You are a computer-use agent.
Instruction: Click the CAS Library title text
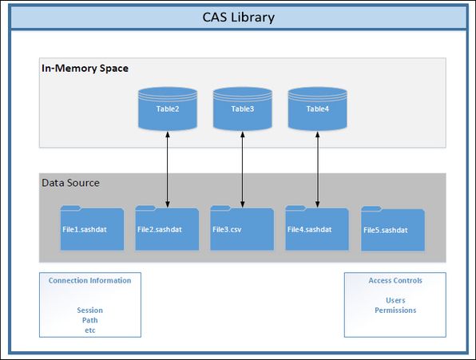coord(238,18)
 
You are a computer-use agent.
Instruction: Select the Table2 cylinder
coord(168,109)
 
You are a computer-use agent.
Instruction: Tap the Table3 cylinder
coord(243,109)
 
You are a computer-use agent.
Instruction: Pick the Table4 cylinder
coord(318,109)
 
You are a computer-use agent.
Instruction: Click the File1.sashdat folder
coord(92,228)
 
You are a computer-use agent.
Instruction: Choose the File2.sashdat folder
coord(167,228)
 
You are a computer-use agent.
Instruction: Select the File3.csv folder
coord(242,228)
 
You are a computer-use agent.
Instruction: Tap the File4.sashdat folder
coord(317,228)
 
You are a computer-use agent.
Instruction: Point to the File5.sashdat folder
coord(393,228)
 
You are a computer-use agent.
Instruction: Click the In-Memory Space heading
coord(85,68)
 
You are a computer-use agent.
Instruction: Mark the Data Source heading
coord(70,183)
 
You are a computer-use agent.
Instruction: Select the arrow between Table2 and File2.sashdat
coord(168,169)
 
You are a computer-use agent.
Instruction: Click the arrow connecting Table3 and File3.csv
coord(243,169)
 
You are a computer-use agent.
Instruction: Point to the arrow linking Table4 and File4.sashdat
coord(318,169)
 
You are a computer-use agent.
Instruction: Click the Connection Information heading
coord(90,280)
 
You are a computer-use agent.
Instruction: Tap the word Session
coord(90,311)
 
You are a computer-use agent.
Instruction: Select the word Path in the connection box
coord(90,320)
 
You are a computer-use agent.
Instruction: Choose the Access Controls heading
coord(395,280)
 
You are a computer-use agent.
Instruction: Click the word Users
coord(395,300)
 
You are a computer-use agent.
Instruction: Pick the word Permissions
coord(395,311)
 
